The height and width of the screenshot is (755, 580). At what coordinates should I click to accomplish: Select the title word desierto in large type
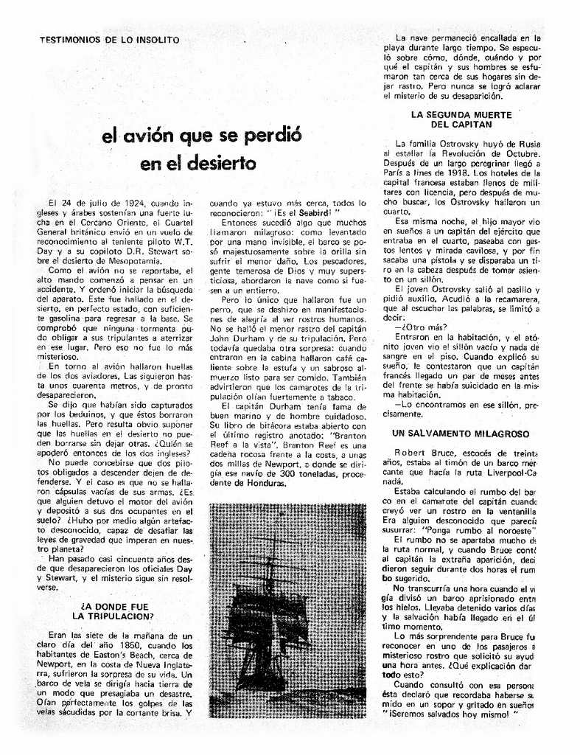pyautogui.click(x=220, y=161)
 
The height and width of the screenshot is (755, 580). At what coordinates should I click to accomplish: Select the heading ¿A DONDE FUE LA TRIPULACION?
pyautogui.click(x=113, y=610)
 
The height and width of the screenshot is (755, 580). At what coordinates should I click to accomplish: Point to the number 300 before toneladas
pyautogui.click(x=284, y=473)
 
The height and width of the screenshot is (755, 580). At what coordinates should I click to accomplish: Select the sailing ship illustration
pyautogui.click(x=287, y=610)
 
